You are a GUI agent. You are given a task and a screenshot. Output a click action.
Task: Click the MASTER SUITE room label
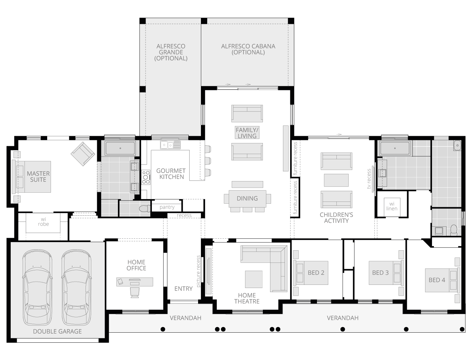tap(38, 176)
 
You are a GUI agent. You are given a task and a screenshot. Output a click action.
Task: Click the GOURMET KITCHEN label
tap(171, 174)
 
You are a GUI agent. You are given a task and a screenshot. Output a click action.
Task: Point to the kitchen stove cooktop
tap(146, 177)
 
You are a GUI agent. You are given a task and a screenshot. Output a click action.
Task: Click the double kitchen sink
tap(170, 145)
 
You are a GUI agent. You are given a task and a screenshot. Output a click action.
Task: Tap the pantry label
tap(167, 207)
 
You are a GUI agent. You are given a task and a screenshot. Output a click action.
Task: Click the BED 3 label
tap(380, 273)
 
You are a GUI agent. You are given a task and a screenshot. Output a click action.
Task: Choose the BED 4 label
tap(437, 280)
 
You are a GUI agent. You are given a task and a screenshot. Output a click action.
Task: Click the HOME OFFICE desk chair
tap(135, 292)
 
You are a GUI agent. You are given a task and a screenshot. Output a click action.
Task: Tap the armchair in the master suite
tap(83, 154)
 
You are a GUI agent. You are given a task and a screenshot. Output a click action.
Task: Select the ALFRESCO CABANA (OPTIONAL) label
tap(248, 49)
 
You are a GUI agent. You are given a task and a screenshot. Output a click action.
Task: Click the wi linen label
tap(391, 206)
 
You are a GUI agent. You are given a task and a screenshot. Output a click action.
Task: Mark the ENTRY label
tap(183, 289)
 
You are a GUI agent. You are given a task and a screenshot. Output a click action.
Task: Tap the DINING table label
tap(247, 198)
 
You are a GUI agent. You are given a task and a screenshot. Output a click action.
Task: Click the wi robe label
tap(43, 222)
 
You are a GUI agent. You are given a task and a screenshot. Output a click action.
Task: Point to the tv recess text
tap(369, 179)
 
